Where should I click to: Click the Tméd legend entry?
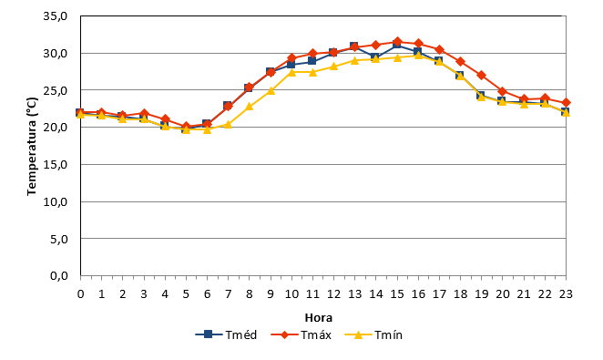click(x=226, y=334)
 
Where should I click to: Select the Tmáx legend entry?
click(x=301, y=334)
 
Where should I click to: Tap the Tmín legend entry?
click(x=373, y=334)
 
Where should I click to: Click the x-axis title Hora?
click(x=319, y=318)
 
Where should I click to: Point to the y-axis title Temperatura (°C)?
click(x=32, y=146)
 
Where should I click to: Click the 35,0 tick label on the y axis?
click(x=56, y=16)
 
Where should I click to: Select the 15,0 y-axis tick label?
click(x=56, y=165)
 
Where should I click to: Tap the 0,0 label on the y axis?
click(x=59, y=276)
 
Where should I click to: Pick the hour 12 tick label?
click(x=333, y=294)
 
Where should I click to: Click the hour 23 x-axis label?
click(x=566, y=294)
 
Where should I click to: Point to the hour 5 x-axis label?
click(x=186, y=294)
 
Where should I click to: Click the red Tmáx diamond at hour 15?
click(x=398, y=42)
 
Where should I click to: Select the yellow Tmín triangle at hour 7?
click(x=228, y=124)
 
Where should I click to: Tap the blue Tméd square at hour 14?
click(x=376, y=57)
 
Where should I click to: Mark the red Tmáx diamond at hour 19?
click(x=482, y=75)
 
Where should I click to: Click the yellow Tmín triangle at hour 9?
click(x=271, y=91)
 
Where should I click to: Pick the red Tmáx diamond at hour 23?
click(x=566, y=103)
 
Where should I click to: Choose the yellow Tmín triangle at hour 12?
click(x=333, y=67)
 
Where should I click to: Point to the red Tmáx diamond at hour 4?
click(x=165, y=119)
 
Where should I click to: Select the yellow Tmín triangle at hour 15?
click(x=398, y=57)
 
